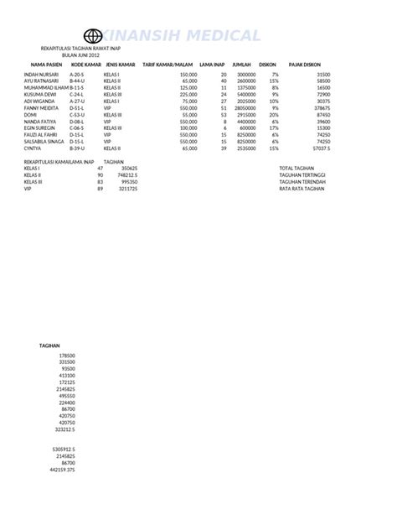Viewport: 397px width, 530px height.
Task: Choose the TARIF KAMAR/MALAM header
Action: click(168, 64)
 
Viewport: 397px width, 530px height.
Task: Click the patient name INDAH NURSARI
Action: click(43, 75)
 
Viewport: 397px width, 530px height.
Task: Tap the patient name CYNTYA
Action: click(34, 148)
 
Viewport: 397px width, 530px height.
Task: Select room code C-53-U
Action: click(78, 115)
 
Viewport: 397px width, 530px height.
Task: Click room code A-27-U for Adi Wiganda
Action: click(78, 101)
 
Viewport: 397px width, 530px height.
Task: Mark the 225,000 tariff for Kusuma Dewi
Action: click(188, 95)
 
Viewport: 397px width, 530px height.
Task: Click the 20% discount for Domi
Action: click(273, 115)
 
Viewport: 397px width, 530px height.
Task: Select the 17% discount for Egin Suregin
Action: click(274, 128)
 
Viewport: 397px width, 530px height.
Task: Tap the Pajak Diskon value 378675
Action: click(320, 108)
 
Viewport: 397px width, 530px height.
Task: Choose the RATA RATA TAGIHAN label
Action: click(302, 189)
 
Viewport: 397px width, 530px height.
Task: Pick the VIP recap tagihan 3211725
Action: click(128, 189)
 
